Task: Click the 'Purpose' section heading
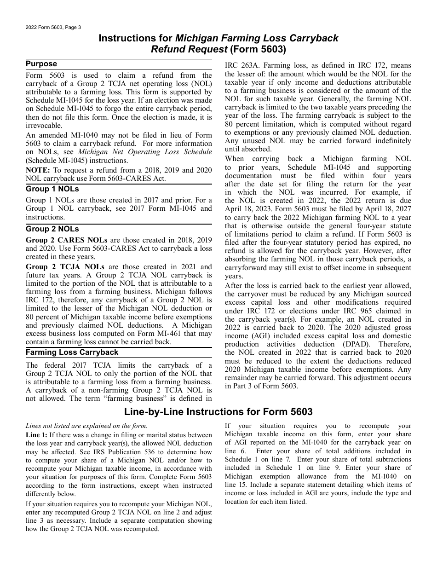coord(41,64)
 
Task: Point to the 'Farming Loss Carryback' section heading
coord(72,352)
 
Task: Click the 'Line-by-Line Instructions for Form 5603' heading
coord(218,412)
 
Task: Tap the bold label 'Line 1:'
coord(36,435)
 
